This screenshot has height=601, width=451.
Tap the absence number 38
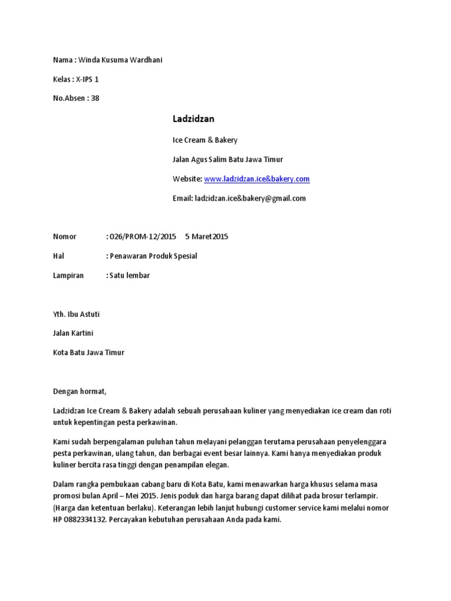(x=95, y=98)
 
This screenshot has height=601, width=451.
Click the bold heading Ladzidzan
(x=193, y=119)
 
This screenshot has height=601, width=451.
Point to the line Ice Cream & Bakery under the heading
(x=205, y=140)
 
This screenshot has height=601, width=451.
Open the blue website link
(x=257, y=179)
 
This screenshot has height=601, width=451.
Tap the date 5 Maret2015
(x=206, y=237)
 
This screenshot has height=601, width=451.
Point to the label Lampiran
(x=69, y=275)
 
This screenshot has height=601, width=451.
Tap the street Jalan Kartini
(x=73, y=333)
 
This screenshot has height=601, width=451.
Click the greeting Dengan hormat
(x=81, y=391)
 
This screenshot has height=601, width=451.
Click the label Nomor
(x=65, y=237)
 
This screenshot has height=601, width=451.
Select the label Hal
(x=58, y=256)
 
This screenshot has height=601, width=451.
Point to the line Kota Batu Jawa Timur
(x=89, y=353)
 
